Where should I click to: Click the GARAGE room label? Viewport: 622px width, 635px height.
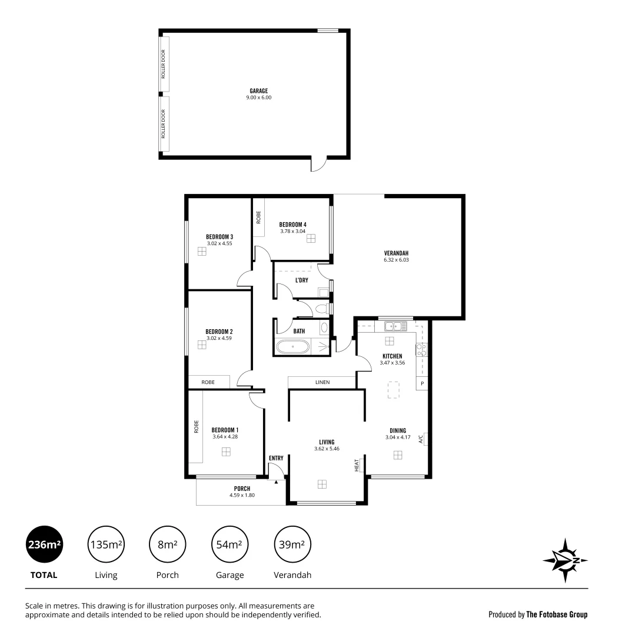(x=258, y=91)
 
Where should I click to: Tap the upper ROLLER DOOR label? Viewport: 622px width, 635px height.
(x=164, y=64)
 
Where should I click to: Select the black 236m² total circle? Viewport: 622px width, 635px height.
(x=44, y=544)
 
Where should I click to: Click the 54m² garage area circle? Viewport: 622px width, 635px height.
(x=229, y=544)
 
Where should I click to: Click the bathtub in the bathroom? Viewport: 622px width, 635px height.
(x=292, y=347)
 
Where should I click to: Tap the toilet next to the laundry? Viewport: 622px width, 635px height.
(x=322, y=308)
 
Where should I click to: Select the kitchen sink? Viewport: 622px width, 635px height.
(x=392, y=326)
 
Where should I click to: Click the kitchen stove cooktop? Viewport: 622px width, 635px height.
(x=421, y=350)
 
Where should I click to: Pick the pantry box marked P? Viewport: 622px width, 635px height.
(x=422, y=383)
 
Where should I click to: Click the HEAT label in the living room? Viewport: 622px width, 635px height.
(x=357, y=466)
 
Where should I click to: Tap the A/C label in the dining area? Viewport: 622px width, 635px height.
(x=421, y=439)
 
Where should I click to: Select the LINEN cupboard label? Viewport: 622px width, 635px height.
(x=322, y=382)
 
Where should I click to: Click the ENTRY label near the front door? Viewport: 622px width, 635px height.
(x=275, y=458)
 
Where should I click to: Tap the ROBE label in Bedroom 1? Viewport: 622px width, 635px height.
(x=196, y=426)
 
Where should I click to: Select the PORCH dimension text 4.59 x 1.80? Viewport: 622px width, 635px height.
(x=241, y=496)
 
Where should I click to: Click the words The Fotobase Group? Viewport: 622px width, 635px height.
(x=557, y=614)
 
